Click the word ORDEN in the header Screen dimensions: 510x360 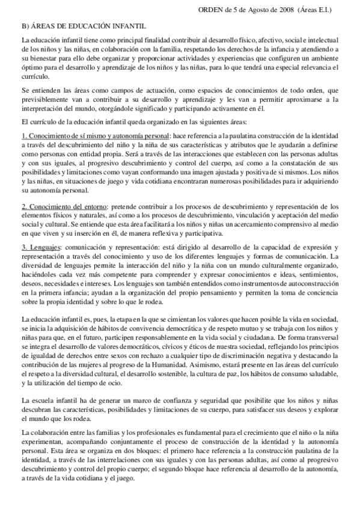coord(212,10)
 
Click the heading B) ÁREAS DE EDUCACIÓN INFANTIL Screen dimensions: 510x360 coord(82,26)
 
